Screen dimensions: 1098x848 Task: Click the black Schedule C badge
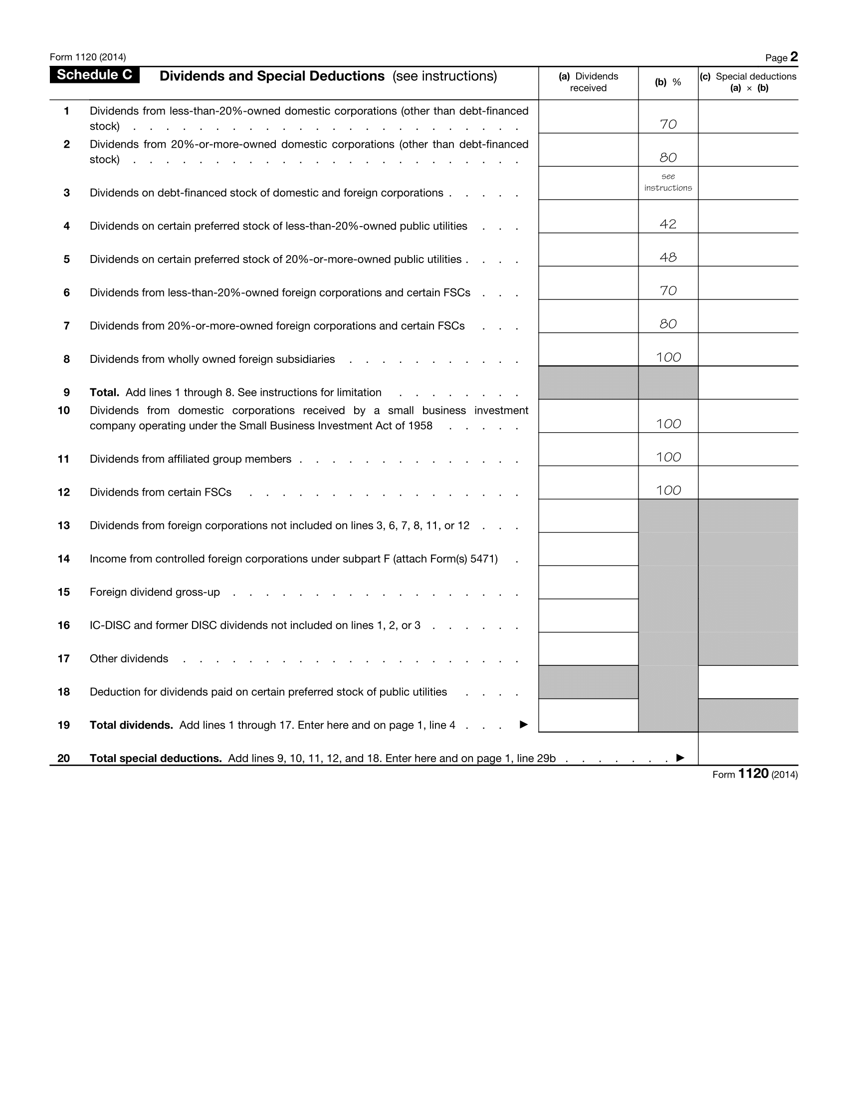click(94, 75)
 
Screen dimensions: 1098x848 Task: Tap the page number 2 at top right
click(794, 57)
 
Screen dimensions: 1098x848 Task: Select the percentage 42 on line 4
click(667, 224)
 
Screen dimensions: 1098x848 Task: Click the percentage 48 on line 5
click(667, 258)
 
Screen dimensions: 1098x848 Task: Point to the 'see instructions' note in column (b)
click(667, 183)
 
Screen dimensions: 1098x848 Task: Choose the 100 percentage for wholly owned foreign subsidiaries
click(668, 357)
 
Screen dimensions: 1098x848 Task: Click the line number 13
click(64, 526)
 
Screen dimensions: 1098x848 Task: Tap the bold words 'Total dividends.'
click(131, 726)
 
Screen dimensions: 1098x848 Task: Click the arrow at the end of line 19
click(523, 725)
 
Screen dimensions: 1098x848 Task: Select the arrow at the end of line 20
click(680, 758)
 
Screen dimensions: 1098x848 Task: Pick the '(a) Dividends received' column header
click(588, 82)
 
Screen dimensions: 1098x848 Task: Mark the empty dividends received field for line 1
click(588, 117)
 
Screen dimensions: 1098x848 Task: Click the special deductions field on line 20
click(748, 749)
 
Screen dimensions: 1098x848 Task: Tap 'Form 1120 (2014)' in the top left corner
click(88, 57)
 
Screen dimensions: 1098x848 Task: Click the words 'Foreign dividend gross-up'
click(155, 592)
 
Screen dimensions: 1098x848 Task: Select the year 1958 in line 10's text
click(420, 426)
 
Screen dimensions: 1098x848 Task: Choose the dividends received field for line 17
click(588, 649)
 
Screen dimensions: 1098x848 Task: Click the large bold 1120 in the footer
click(753, 774)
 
